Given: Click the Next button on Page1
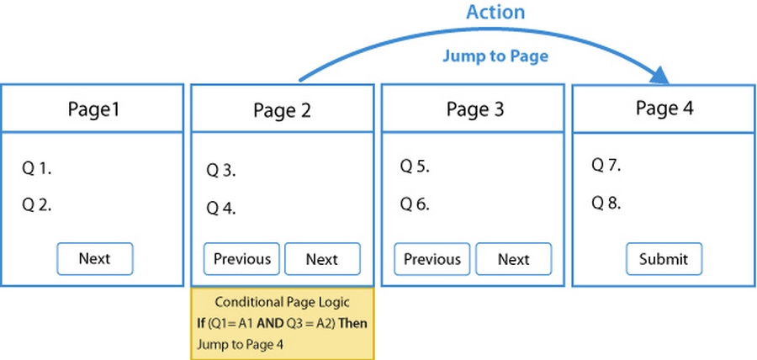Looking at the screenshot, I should click(x=94, y=259).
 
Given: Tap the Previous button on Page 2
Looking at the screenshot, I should click(x=241, y=259).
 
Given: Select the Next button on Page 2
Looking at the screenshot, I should click(x=321, y=259).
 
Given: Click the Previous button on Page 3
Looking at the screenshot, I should click(x=432, y=259).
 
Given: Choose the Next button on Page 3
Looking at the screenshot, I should click(x=513, y=259).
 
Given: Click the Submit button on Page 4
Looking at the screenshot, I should click(x=664, y=259).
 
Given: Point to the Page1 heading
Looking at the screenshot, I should click(x=93, y=109).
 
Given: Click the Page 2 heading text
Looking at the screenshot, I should click(x=282, y=110).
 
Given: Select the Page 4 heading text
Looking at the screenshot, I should click(x=664, y=108).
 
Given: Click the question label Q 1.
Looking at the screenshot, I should click(x=37, y=169).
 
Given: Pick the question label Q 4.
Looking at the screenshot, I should click(x=221, y=209).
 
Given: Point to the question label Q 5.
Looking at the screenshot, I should click(x=415, y=167).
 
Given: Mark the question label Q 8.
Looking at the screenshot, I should click(x=606, y=203).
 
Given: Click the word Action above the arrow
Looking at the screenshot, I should click(x=496, y=12).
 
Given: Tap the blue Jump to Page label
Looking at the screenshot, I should click(x=496, y=56).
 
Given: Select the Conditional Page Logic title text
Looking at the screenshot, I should click(x=282, y=302).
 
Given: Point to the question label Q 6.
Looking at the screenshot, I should click(x=415, y=204).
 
